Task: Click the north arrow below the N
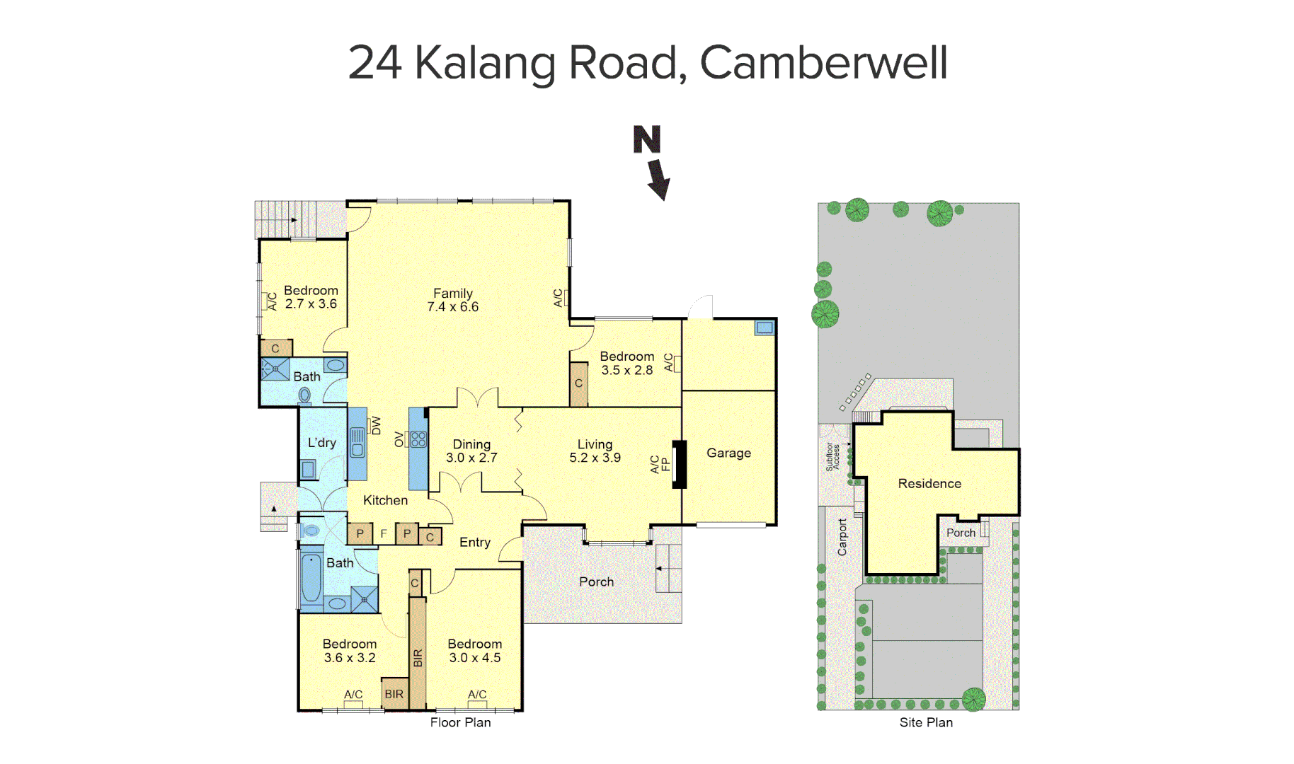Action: coord(658,179)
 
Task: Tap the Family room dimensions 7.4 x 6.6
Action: coord(452,307)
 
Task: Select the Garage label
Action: coord(728,453)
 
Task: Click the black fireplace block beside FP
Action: coord(679,464)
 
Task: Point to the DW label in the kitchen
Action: coord(376,425)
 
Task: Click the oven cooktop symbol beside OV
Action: coord(418,439)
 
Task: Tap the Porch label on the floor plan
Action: coord(596,581)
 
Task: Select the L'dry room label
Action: coord(321,443)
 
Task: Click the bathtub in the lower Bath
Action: coord(311,578)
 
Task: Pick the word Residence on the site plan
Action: coord(929,483)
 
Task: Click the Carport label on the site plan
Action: coord(842,537)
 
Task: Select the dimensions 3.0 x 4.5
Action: coord(474,658)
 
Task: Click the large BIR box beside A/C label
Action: coord(394,694)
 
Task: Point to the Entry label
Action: coord(474,542)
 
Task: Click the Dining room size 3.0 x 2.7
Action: coord(471,458)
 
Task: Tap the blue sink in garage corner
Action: coord(765,328)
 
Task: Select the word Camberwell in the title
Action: coord(823,62)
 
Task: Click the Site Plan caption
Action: coord(925,722)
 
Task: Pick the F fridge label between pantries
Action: coord(383,533)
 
